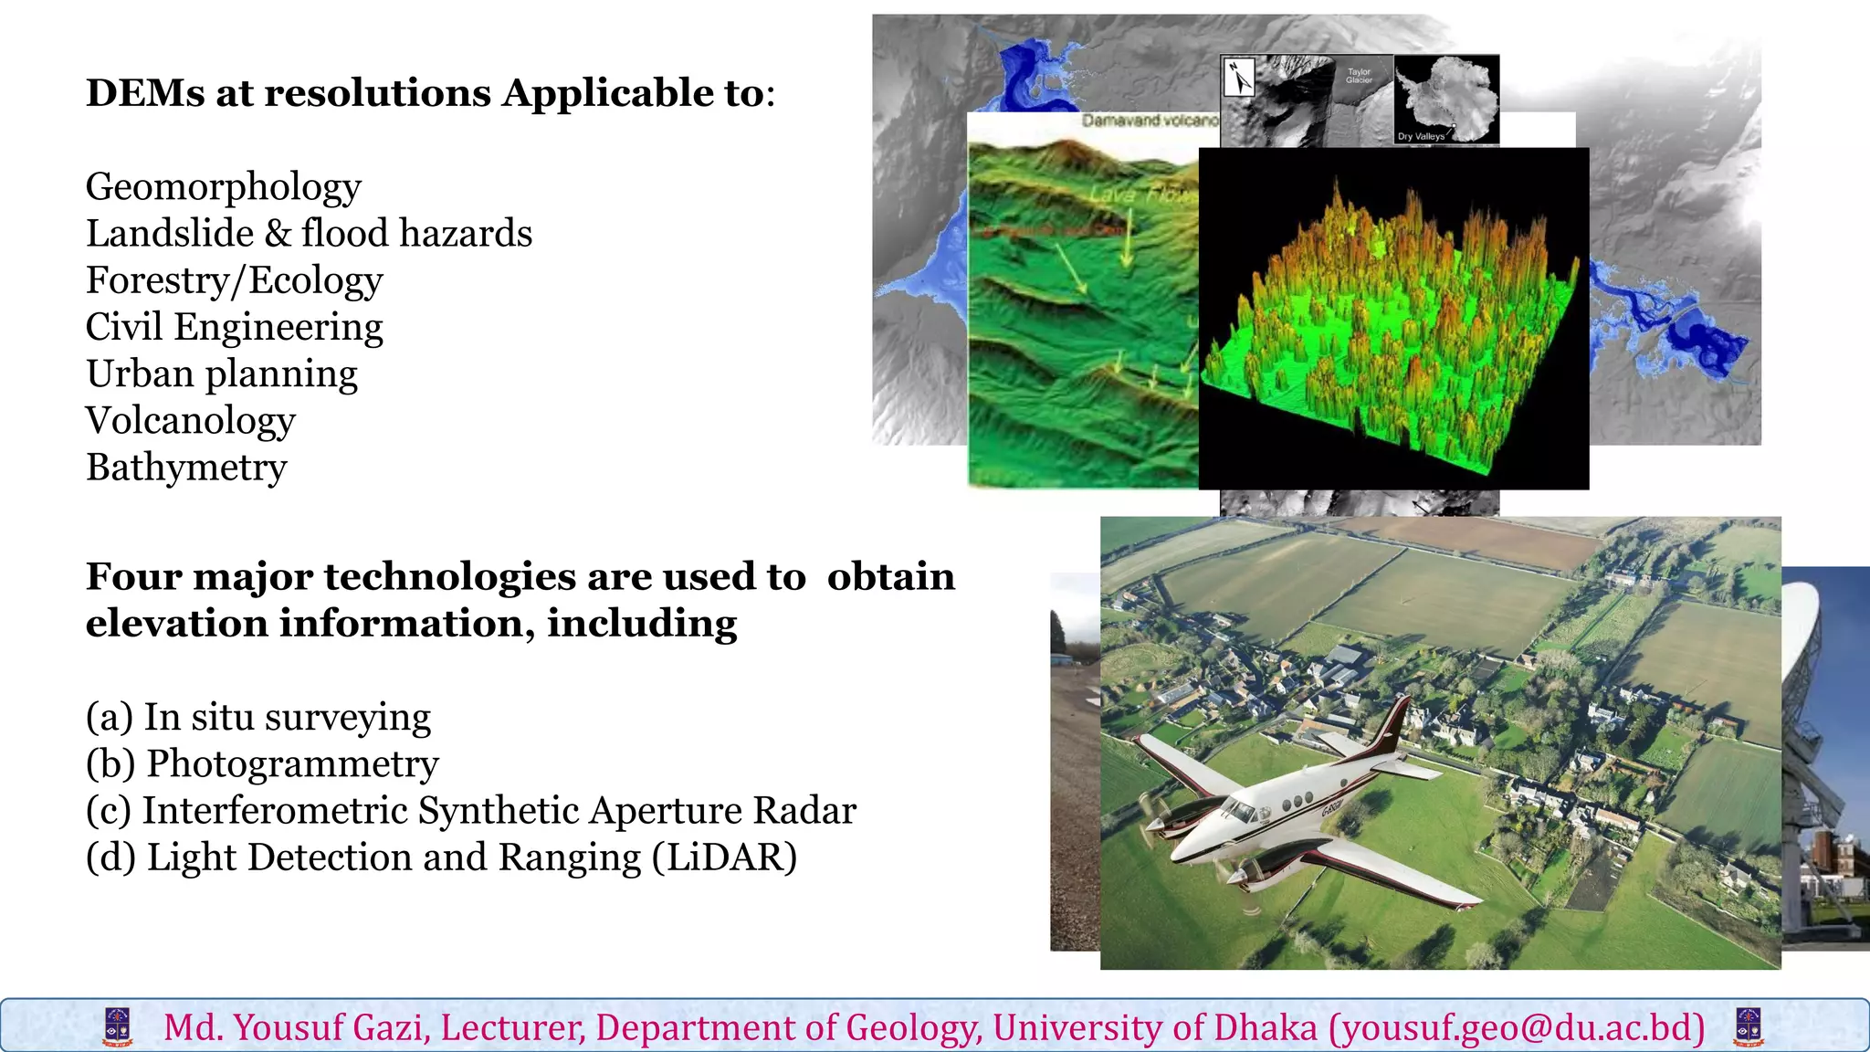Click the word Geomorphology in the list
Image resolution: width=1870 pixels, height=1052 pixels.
tap(223, 187)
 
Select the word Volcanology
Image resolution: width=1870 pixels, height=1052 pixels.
tap(190, 421)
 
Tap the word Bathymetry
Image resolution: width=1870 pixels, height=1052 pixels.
tap(186, 468)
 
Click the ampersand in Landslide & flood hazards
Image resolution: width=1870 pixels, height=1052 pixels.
tap(278, 234)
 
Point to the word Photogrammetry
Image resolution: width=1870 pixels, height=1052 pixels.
tap(292, 764)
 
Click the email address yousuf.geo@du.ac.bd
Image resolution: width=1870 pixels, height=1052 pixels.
tap(1517, 1028)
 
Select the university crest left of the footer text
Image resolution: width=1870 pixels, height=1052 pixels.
tap(118, 1027)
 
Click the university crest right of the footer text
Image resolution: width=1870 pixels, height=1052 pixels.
tap(1749, 1027)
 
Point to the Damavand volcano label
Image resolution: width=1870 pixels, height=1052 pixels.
tap(1149, 121)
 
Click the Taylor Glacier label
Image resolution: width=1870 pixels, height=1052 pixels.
tap(1359, 76)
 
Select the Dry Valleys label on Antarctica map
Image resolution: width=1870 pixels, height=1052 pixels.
tap(1421, 136)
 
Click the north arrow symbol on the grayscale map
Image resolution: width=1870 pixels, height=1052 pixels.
tap(1238, 78)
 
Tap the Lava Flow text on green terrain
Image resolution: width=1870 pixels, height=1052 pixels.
tap(1142, 194)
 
